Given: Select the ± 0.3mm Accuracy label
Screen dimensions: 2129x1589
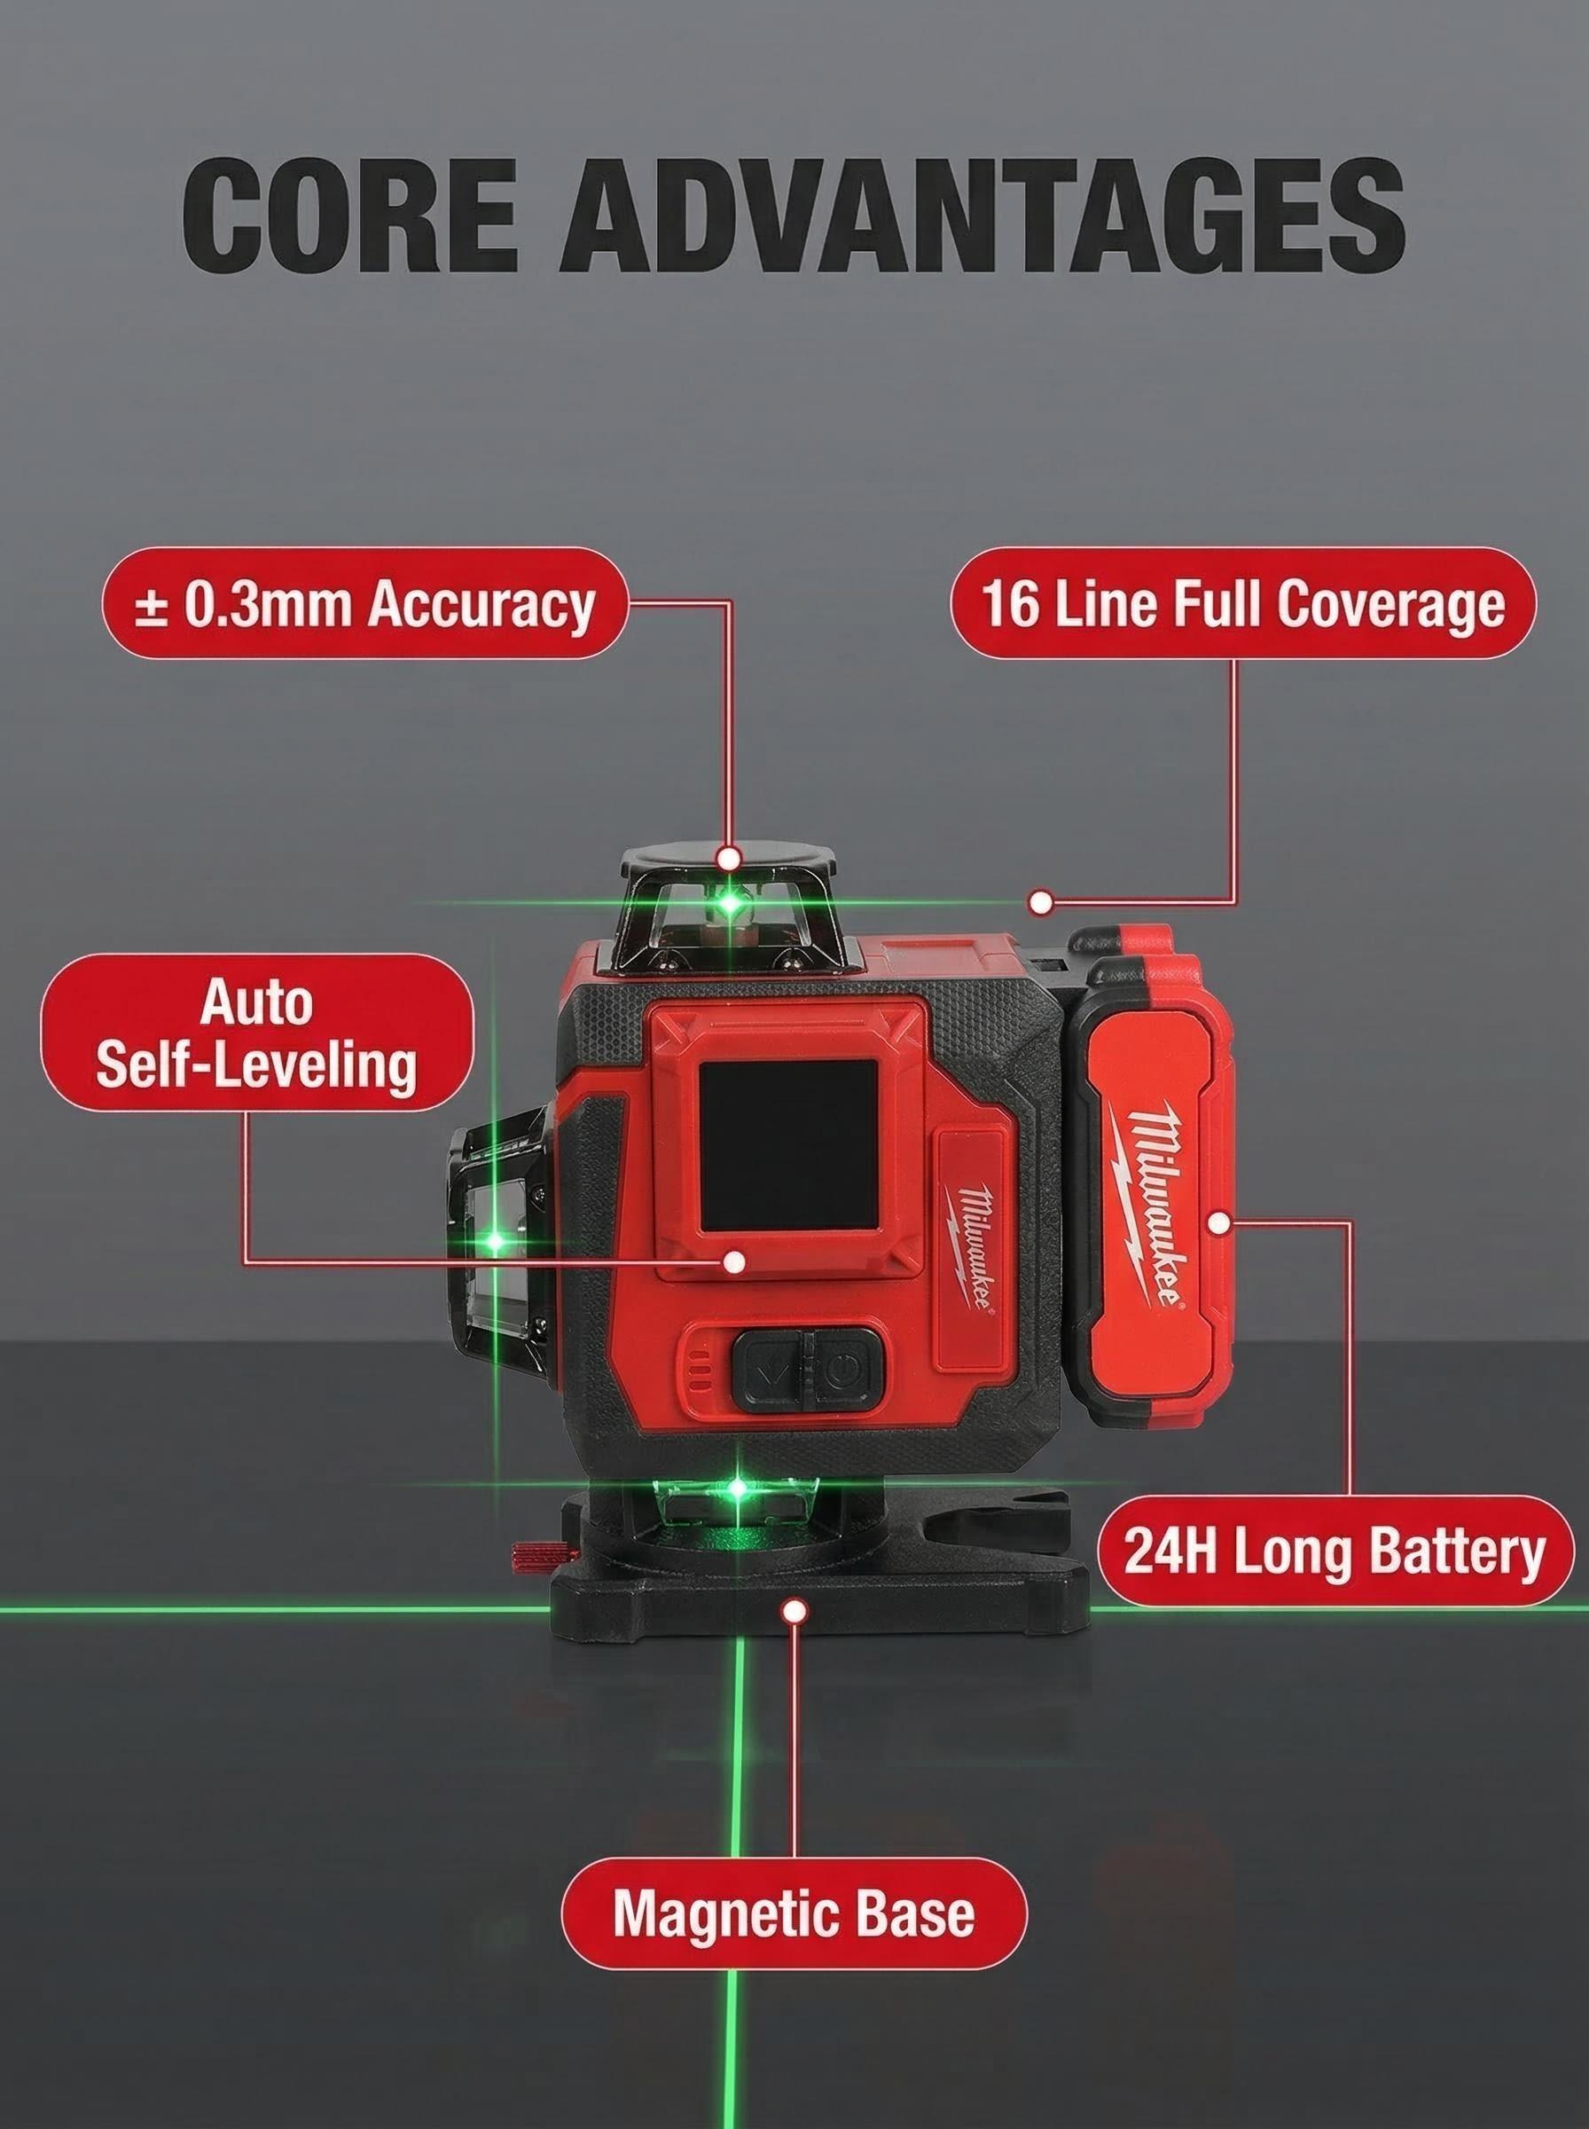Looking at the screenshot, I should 364,603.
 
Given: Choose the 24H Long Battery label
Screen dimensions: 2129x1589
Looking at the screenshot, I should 1335,1552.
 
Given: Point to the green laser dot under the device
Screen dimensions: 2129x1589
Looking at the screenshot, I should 737,1489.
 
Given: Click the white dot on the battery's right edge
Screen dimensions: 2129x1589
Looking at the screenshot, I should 1218,1223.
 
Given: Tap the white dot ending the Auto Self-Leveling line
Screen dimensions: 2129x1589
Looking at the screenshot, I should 734,1261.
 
